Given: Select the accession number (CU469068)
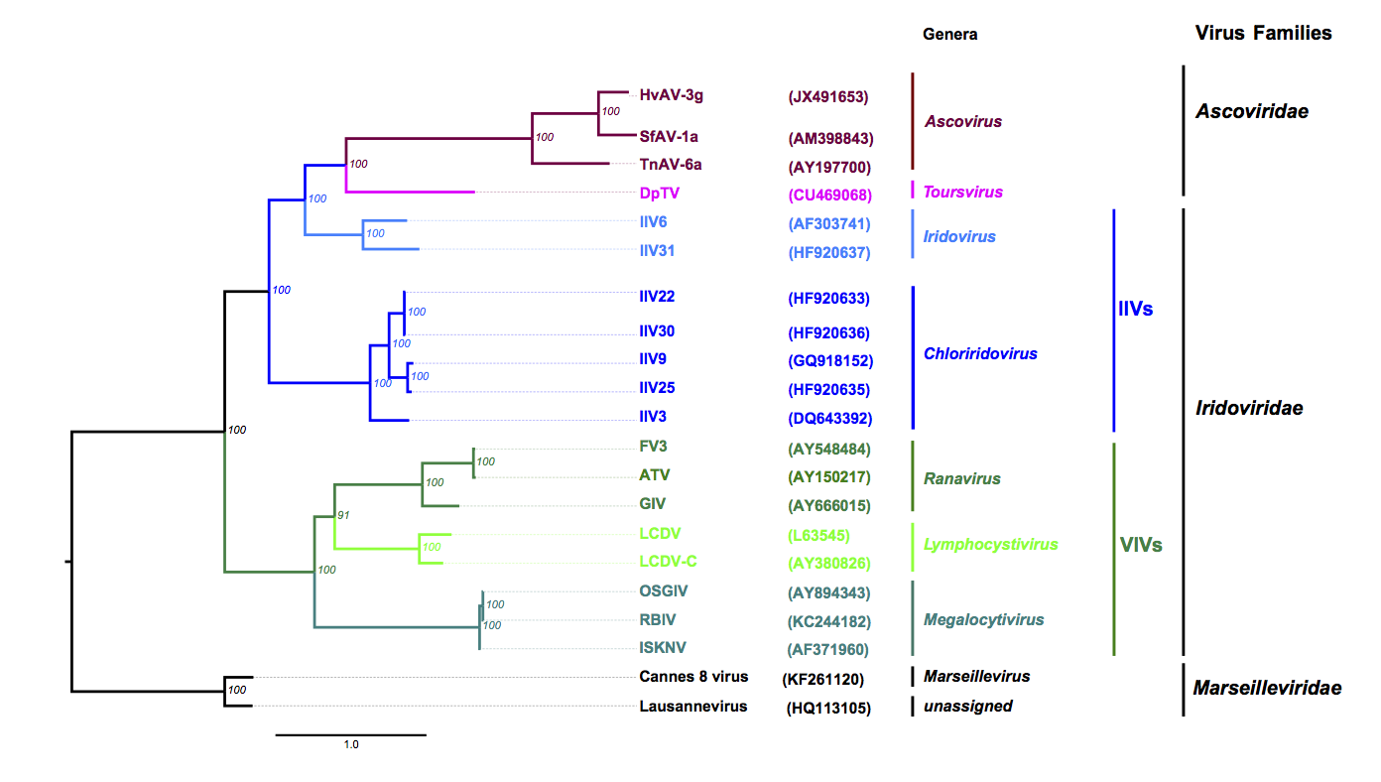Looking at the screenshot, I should (829, 193).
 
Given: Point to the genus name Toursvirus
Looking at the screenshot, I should (962, 192).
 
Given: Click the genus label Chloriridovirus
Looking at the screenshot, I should (980, 353).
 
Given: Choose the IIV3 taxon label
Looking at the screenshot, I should (657, 417).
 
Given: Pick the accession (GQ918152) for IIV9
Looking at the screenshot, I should (829, 361).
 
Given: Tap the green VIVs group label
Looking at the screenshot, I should (1140, 545).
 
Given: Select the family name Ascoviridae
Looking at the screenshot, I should (1251, 111).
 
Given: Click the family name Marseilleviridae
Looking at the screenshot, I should (1267, 688).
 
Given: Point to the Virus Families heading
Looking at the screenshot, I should (1263, 33).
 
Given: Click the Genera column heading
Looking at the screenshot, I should (949, 34).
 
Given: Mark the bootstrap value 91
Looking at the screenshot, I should (344, 516).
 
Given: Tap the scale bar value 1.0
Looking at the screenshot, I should (351, 744).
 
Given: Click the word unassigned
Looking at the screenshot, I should (967, 706).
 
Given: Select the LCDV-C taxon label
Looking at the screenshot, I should (668, 562).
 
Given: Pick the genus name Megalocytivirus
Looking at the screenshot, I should (983, 620).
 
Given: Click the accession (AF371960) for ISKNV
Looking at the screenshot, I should (828, 650).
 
